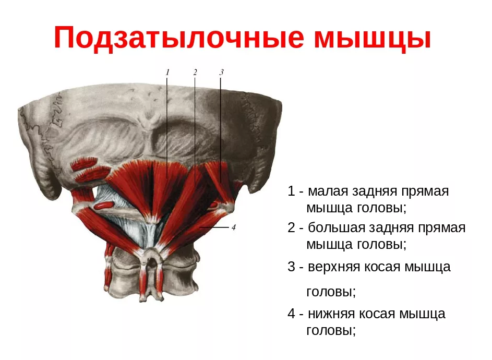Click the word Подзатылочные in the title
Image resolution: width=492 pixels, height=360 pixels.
pos(179,38)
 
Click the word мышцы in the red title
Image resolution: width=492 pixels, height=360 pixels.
pos(373,38)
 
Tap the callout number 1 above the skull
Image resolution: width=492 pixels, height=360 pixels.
pos(167,73)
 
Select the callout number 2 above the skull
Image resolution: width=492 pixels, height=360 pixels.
pos(195,73)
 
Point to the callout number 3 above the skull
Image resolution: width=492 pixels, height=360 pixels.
pos(221,73)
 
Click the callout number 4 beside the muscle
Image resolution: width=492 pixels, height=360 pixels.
pos(233,227)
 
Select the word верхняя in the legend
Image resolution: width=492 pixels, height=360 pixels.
pos(334,267)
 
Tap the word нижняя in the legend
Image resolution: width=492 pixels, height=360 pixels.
pos(331,314)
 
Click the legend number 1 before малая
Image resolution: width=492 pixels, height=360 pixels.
pos(291,191)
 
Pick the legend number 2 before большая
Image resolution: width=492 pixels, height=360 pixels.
pos(291,227)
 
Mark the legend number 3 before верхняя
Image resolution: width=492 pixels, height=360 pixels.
pos(291,267)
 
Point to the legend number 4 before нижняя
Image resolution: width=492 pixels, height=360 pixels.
pos(291,314)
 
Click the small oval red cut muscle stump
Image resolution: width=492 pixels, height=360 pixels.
pos(103,206)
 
